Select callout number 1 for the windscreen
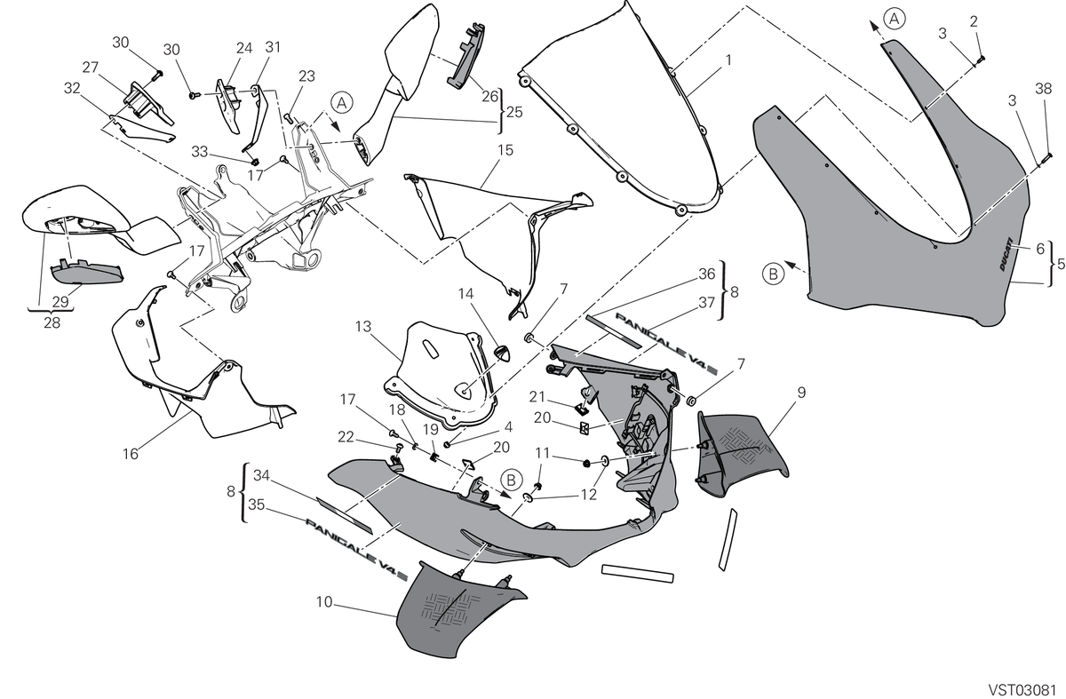[x=728, y=60]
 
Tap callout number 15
[x=505, y=150]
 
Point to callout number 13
[x=362, y=327]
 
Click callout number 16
[x=131, y=454]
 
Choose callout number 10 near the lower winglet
[x=324, y=602]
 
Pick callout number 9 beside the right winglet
[x=801, y=393]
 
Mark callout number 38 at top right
[x=1043, y=89]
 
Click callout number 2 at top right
[x=974, y=21]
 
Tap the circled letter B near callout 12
[x=511, y=480]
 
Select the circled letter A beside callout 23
[x=341, y=103]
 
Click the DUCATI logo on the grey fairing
[x=1005, y=254]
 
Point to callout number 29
[x=60, y=302]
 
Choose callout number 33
[x=199, y=152]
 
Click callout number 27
[x=90, y=68]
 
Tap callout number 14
[x=465, y=294]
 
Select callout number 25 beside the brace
[x=514, y=112]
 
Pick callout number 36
[x=707, y=274]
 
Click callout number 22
[x=346, y=437]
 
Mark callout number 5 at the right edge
[x=1061, y=264]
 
